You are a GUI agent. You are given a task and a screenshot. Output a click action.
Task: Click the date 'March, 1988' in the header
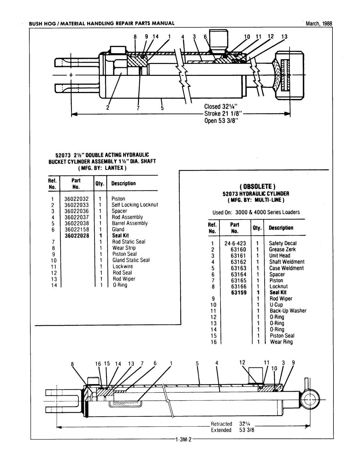[319, 23]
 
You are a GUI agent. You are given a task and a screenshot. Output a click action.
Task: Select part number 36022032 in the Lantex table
[76, 199]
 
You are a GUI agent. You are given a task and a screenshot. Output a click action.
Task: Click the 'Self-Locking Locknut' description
[135, 205]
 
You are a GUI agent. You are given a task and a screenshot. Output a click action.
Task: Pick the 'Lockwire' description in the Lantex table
[123, 266]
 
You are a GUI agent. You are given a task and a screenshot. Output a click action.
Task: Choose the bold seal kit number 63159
[238, 293]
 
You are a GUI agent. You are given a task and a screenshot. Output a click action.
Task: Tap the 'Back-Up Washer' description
[288, 311]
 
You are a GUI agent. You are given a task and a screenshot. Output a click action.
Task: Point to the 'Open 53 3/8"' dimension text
[221, 121]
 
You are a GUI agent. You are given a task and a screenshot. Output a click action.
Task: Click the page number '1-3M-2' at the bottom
[183, 440]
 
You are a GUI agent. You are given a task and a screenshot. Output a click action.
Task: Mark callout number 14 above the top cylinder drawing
[156, 36]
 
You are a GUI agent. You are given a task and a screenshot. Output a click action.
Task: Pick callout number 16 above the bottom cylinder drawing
[98, 364]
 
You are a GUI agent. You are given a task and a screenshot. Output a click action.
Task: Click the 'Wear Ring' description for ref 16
[281, 342]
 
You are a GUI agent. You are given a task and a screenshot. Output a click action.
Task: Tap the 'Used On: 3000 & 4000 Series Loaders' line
[256, 212]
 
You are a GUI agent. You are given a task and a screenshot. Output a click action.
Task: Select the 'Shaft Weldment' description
[287, 262]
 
